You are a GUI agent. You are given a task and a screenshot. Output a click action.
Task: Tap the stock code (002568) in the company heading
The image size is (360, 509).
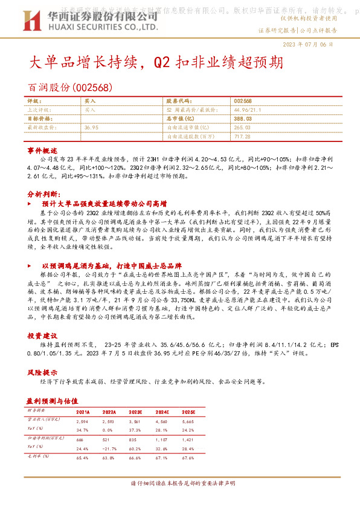coord(94,88)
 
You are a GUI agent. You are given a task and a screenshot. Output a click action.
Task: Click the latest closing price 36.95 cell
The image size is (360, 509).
coord(92,128)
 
